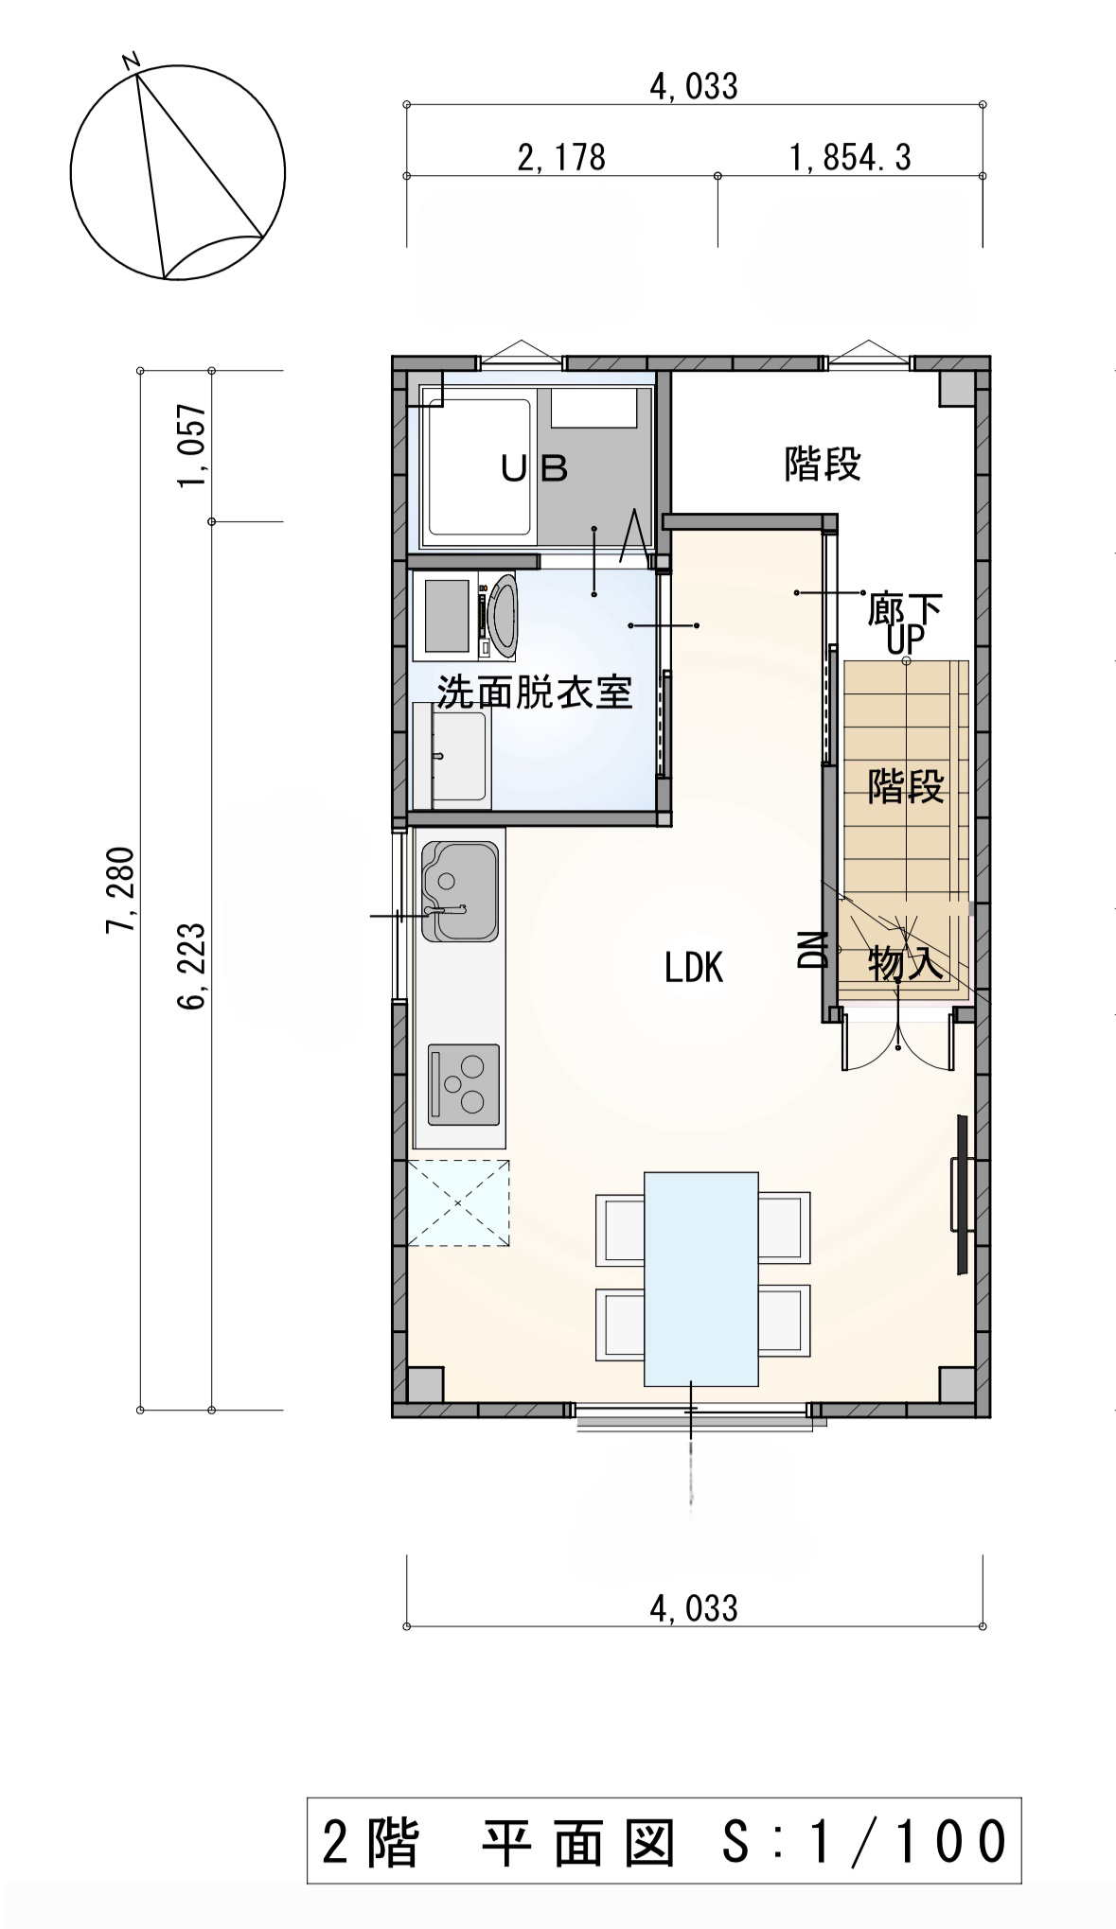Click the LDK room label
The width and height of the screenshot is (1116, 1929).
(694, 968)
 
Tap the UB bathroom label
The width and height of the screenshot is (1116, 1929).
(534, 467)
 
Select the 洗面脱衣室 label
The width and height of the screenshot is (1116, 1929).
(534, 693)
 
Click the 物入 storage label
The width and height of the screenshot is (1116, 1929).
(906, 963)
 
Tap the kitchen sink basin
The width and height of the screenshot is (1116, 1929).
(459, 892)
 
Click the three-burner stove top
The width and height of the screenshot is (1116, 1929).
(464, 1084)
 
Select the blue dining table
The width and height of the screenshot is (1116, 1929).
(701, 1279)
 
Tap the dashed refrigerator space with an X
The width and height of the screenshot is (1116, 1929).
(458, 1203)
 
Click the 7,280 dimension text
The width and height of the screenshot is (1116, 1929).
(121, 889)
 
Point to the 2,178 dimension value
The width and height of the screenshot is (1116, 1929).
(560, 157)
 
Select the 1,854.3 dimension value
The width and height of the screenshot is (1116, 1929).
(850, 157)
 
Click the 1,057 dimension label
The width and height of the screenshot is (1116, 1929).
(192, 445)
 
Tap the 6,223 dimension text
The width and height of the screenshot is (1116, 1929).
(192, 966)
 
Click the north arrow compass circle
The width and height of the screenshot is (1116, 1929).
(178, 173)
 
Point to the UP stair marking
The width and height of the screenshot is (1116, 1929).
(905, 641)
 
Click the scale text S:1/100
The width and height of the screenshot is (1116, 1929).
(863, 1841)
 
